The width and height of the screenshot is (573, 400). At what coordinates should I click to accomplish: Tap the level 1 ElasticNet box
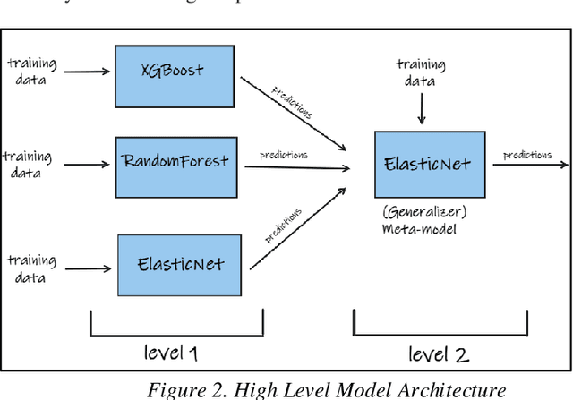(x=181, y=265)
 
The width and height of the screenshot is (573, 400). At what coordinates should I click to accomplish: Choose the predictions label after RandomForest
(x=284, y=155)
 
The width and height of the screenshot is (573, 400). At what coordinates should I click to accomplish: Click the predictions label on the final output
(x=526, y=155)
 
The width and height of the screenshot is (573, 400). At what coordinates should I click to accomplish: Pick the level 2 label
(x=439, y=353)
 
